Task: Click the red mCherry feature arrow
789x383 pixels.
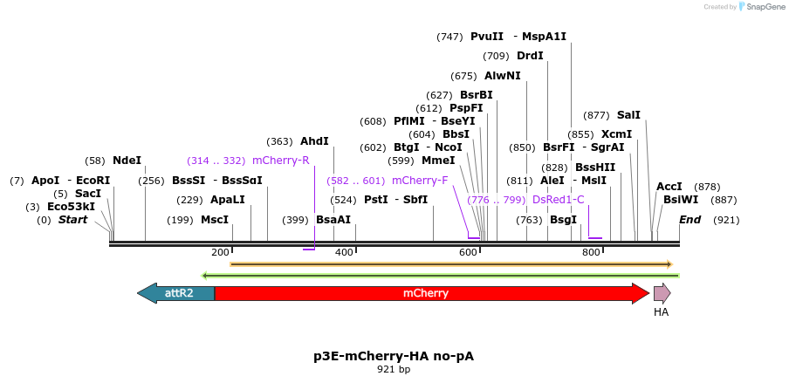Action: coord(426,293)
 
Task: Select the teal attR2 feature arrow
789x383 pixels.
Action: coord(178,293)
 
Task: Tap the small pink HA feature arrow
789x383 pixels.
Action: coord(662,293)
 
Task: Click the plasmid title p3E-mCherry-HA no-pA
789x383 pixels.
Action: coord(394,356)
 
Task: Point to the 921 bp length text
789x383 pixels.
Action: coord(394,370)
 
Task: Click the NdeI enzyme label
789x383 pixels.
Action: coord(127,161)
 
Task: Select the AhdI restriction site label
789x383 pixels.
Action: coord(314,141)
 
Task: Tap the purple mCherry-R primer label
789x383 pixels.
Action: coord(280,161)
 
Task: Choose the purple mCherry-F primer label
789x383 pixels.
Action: coord(420,181)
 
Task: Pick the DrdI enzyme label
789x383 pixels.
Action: coord(530,56)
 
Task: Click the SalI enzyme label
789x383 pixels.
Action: coord(628,115)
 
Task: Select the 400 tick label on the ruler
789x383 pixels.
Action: coord(344,252)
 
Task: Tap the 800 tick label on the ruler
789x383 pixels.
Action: coord(591,252)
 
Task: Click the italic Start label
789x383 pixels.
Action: coord(72,220)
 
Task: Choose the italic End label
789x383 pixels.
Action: coord(690,220)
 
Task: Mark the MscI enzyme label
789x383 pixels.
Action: coord(215,220)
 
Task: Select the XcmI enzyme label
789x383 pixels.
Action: coord(616,134)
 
